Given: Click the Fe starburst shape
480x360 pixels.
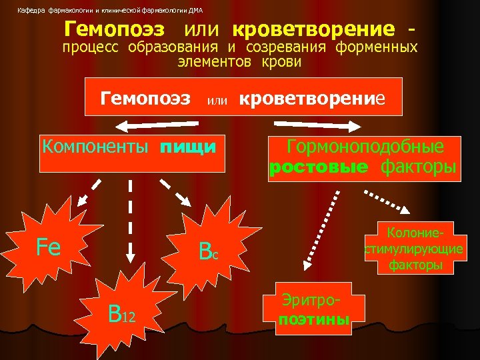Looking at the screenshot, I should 50,247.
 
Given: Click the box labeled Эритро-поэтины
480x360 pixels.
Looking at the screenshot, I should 314,310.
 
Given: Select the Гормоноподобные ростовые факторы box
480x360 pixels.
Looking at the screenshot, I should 364,157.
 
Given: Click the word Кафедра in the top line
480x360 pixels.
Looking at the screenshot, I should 29,10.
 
